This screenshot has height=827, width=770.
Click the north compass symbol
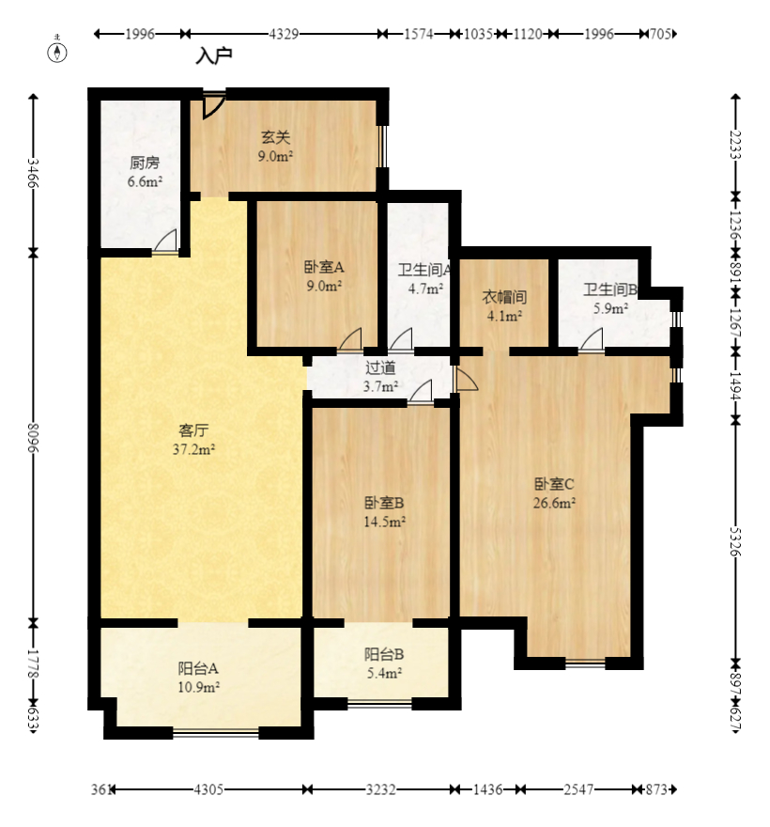tap(57, 52)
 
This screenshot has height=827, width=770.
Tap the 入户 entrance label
tap(214, 55)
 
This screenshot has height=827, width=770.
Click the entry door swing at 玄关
tap(214, 105)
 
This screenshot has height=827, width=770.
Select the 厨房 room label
tap(145, 163)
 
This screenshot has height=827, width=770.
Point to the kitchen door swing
tap(165, 242)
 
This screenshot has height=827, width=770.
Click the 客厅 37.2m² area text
tap(194, 449)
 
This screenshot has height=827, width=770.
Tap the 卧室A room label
tap(324, 267)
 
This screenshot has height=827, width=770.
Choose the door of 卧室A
tap(350, 339)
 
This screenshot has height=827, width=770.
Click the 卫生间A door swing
tap(401, 339)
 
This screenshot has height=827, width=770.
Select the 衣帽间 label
tap(504, 297)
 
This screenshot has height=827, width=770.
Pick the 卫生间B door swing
tap(592, 339)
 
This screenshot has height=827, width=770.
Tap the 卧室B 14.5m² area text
tap(384, 522)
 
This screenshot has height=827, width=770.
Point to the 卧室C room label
tap(554, 484)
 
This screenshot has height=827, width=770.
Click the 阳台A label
tap(198, 668)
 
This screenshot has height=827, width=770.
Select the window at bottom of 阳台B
tap(379, 703)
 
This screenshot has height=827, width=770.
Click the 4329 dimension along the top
tap(284, 34)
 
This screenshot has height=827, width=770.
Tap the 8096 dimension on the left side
tap(33, 438)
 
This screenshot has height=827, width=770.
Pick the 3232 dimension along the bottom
tap(380, 789)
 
